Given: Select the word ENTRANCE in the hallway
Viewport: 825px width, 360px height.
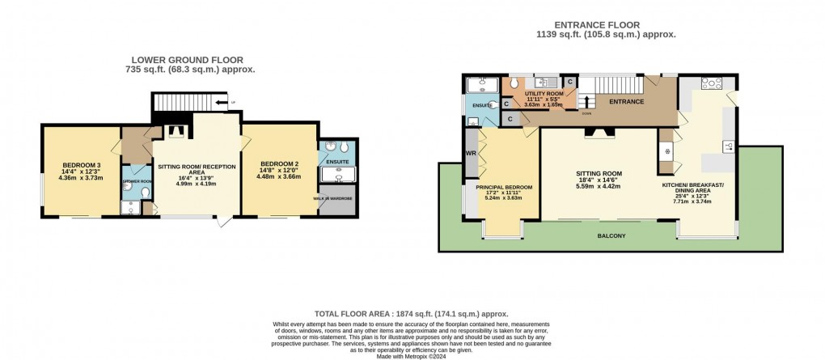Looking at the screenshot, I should coord(626,102).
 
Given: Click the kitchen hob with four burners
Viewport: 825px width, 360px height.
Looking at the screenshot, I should coord(713,84).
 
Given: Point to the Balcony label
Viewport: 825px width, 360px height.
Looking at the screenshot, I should coord(611,236).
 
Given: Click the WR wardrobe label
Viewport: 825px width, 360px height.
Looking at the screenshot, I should coord(470,154).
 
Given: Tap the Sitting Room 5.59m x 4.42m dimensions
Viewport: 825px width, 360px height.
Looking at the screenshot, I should coord(599,186).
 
